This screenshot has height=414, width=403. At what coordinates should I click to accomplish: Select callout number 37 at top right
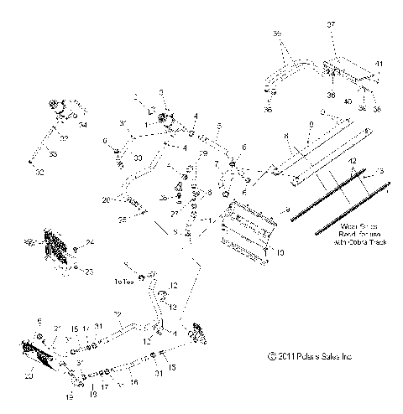point(330,25)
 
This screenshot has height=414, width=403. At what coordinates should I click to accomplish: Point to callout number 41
point(379,64)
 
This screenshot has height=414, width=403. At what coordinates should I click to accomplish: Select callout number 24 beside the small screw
point(90,243)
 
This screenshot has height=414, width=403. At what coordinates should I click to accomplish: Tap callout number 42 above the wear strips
point(353,159)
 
